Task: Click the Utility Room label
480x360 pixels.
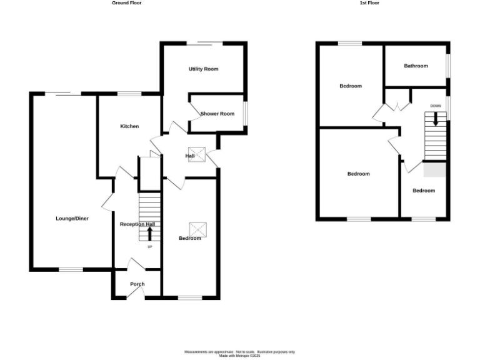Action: [x=203, y=69]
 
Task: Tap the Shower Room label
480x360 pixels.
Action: [x=217, y=114]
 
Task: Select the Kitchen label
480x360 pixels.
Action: [x=129, y=126]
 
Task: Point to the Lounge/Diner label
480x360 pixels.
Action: [x=72, y=219]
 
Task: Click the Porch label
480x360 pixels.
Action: [x=137, y=284]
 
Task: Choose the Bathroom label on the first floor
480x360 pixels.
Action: [x=416, y=66]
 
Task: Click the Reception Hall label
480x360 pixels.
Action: [x=137, y=224]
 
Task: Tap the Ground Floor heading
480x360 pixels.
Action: [x=127, y=3]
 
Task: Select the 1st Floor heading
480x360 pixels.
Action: [x=369, y=3]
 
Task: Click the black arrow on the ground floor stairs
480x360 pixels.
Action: [x=150, y=233]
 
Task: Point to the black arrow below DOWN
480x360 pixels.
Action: [x=436, y=119]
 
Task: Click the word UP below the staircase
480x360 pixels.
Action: [x=150, y=247]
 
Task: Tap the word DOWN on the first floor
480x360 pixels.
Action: [x=436, y=106]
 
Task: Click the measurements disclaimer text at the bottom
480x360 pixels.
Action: [x=239, y=353]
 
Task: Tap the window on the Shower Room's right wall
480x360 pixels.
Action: [x=246, y=113]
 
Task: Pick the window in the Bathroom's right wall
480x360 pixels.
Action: [x=448, y=65]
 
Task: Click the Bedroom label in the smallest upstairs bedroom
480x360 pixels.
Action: [x=423, y=191]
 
